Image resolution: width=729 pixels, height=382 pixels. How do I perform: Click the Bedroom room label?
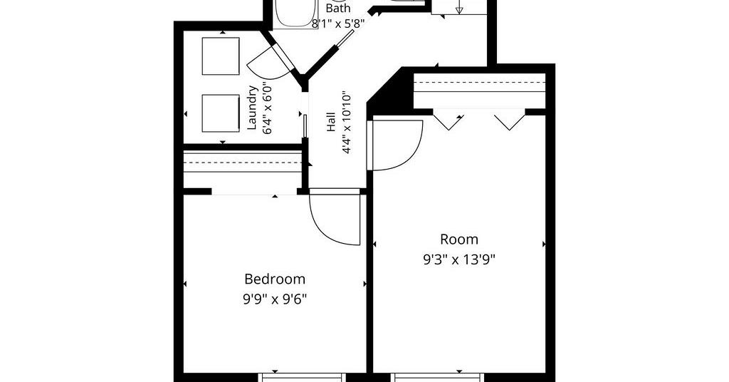[275, 279]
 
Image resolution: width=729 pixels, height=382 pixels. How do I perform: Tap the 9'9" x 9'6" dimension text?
[275, 298]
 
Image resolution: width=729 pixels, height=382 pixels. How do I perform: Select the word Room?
[459, 239]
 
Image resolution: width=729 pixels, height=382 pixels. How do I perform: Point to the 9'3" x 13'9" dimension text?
[459, 259]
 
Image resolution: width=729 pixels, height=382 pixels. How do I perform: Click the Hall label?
[331, 122]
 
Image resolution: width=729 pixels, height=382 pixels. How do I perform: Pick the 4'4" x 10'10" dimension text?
[347, 124]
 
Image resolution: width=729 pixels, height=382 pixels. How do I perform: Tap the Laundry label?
[253, 108]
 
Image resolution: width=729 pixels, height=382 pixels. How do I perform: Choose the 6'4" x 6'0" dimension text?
[268, 108]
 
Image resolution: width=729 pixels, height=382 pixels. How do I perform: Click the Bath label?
[338, 8]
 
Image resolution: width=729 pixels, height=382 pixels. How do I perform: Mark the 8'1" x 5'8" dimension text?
[337, 24]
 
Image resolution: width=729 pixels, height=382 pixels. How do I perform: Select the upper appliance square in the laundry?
[221, 56]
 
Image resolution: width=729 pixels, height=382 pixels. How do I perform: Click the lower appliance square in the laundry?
[221, 113]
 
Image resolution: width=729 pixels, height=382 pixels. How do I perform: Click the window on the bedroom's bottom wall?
[302, 377]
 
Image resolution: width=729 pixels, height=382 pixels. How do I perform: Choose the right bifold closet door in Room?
[510, 120]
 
